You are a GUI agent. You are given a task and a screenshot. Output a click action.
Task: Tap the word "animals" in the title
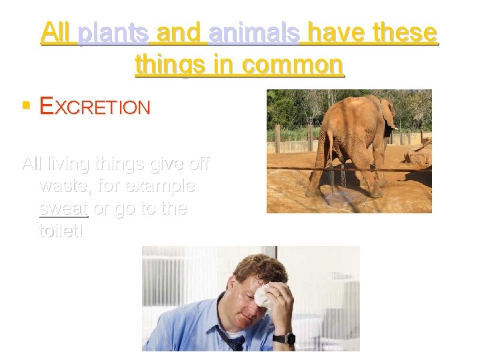click(253, 32)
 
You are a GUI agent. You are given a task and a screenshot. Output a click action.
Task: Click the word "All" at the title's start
click(56, 32)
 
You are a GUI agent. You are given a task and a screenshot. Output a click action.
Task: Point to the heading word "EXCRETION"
click(95, 107)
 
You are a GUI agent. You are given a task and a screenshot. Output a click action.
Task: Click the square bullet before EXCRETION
click(27, 105)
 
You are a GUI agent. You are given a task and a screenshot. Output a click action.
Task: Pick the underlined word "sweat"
click(63, 208)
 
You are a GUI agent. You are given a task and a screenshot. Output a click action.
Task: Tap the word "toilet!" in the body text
click(62, 232)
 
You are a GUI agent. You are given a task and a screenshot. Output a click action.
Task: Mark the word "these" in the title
click(407, 32)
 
